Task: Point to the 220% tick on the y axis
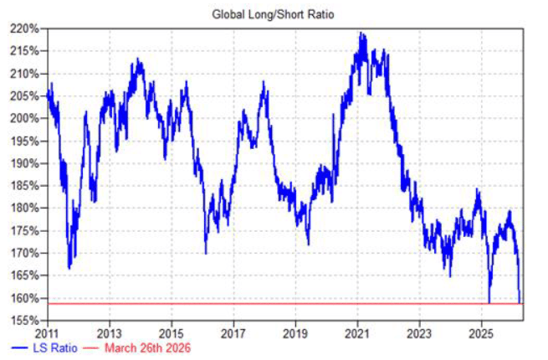pyautogui.click(x=26, y=28)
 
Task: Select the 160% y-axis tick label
pyautogui.click(x=26, y=298)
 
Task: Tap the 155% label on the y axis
pyautogui.click(x=26, y=321)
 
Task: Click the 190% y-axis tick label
pyautogui.click(x=26, y=163)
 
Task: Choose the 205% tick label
pyautogui.click(x=26, y=95)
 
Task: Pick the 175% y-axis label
pyautogui.click(x=26, y=230)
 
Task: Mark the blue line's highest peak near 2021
pyautogui.click(x=361, y=33)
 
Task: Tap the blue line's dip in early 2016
pyautogui.click(x=206, y=252)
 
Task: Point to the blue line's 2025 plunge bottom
pyautogui.click(x=489, y=301)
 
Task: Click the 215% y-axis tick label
pyautogui.click(x=26, y=51)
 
